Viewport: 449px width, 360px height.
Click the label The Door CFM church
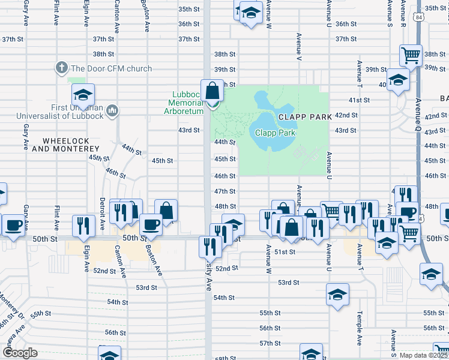pyautogui.click(x=111, y=68)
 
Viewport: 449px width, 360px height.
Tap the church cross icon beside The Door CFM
pyautogui.click(x=61, y=68)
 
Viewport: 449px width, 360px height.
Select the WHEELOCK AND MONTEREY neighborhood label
pyautogui.click(x=71, y=145)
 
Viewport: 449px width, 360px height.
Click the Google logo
pyautogui.click(x=19, y=352)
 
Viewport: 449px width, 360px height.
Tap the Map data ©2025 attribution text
pyautogui.click(x=423, y=355)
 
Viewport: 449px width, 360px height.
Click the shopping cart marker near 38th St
pyautogui.click(x=411, y=56)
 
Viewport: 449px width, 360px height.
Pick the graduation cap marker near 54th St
pyautogui.click(x=337, y=295)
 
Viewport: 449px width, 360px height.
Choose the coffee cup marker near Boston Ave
pyautogui.click(x=151, y=225)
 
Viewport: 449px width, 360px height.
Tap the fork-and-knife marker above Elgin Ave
pyautogui.click(x=83, y=225)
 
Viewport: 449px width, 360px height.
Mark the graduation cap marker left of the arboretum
pyautogui.click(x=83, y=94)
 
